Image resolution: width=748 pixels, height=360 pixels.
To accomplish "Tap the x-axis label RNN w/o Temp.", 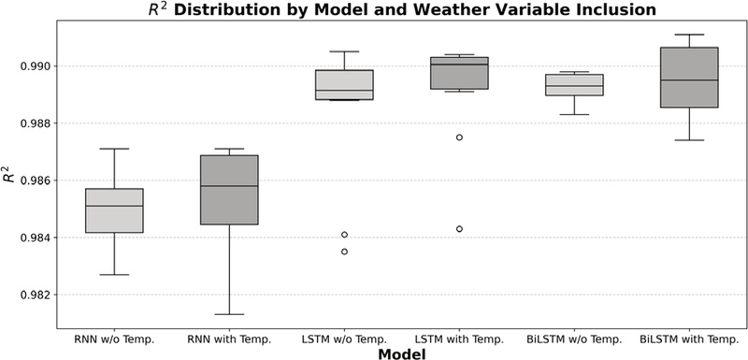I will (114, 338).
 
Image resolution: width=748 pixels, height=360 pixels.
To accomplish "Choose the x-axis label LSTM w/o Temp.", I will (344, 338).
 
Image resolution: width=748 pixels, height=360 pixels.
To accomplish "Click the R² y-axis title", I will (9, 174).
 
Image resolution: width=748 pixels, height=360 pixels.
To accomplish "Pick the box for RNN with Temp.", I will (229, 190).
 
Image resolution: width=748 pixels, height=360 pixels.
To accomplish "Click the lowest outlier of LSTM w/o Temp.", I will (344, 252).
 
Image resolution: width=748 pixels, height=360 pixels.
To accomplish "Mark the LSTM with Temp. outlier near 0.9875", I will (459, 137).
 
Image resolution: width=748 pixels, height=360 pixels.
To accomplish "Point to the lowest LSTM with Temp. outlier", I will (459, 228).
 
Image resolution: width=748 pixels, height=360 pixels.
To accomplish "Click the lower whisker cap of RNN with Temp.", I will (229, 314).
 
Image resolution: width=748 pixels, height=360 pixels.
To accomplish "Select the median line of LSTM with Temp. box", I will (459, 65).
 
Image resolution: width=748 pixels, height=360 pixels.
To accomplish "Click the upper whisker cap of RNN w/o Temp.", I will (114, 149).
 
